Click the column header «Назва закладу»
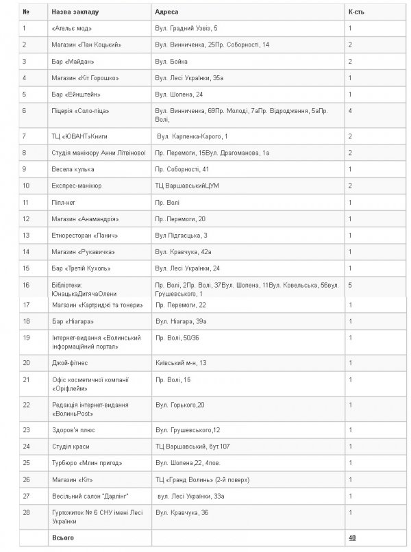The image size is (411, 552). [x=75, y=12]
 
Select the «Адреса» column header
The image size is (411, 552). [x=169, y=12]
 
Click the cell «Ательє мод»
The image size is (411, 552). [x=71, y=28]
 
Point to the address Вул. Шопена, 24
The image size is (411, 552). [x=179, y=93]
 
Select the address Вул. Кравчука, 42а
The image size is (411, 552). [x=183, y=251]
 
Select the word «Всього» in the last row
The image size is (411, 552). [x=62, y=538]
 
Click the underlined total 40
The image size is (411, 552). [x=352, y=538]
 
